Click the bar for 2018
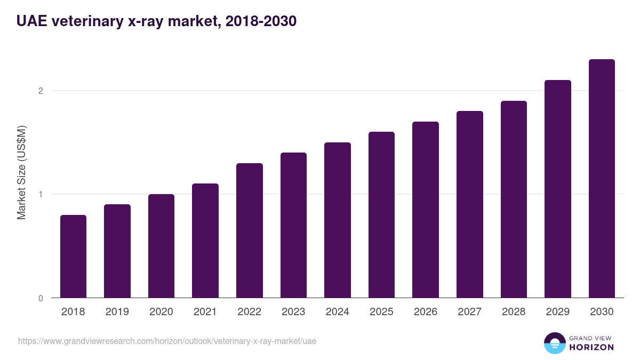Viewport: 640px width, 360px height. pyautogui.click(x=73, y=256)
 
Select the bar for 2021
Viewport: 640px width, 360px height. pyautogui.click(x=205, y=241)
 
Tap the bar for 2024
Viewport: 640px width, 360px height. pyautogui.click(x=338, y=220)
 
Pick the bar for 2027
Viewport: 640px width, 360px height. pyautogui.click(x=469, y=204)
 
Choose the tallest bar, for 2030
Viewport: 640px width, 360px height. pyautogui.click(x=602, y=178)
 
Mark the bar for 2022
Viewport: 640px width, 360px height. pyautogui.click(x=250, y=230)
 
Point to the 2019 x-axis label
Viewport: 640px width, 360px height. pyautogui.click(x=117, y=312)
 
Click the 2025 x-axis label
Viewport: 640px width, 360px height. pyautogui.click(x=381, y=312)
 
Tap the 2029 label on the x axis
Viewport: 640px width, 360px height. pyautogui.click(x=557, y=312)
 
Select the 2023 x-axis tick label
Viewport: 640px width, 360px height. pyautogui.click(x=293, y=312)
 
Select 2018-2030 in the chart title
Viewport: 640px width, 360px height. pyautogui.click(x=261, y=21)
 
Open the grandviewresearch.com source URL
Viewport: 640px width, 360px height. pyautogui.click(x=167, y=341)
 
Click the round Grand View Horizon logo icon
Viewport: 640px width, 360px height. pyautogui.click(x=555, y=343)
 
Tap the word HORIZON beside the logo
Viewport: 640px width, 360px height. pyautogui.click(x=592, y=347)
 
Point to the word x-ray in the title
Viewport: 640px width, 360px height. pyautogui.click(x=148, y=21)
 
